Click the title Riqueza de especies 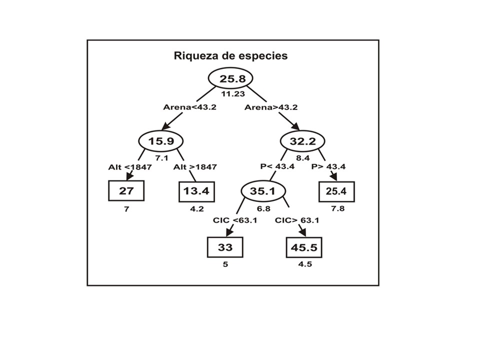pos(230,55)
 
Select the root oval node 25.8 pos(230,78)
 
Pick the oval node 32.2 pos(302,141)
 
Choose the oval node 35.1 pos(263,190)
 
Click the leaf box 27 pos(126,190)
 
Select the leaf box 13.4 pos(197,190)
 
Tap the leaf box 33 pos(225,246)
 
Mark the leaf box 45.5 pos(304,246)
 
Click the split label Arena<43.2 pos(189,107)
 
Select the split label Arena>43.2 pos(270,107)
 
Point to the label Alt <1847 pos(129,167)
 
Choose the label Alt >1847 pos(195,167)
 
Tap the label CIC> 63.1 pos(297,219)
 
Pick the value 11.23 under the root pos(230,93)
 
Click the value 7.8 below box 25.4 pos(337,208)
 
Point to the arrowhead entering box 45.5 pos(302,232)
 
